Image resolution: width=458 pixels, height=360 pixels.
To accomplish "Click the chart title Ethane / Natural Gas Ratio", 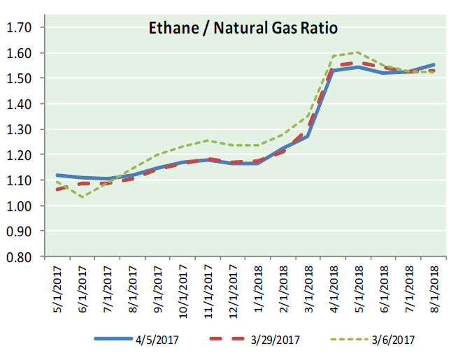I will click(243, 29).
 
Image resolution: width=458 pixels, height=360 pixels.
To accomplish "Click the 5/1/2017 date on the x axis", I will click(57, 290).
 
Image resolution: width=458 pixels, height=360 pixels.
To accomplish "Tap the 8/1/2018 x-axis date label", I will click(434, 290).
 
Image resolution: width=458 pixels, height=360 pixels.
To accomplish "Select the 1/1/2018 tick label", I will click(259, 290).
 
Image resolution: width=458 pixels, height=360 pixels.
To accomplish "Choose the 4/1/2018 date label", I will click(334, 290).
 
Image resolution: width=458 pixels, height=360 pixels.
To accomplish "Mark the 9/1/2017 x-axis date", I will click(158, 290).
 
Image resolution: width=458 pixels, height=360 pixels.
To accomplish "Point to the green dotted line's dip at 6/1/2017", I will click(83, 197).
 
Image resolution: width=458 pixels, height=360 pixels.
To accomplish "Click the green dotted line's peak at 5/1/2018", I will click(359, 52).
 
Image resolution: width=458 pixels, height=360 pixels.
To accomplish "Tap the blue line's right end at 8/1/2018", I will click(434, 65).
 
